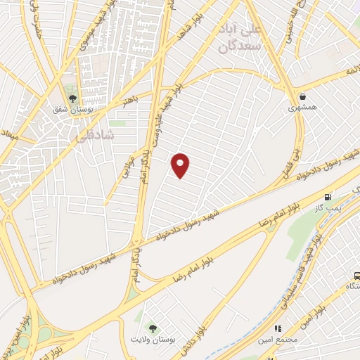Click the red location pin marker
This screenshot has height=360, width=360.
click(x=181, y=165)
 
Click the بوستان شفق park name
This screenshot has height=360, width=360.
click(x=72, y=110)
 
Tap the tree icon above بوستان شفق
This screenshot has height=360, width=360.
click(x=72, y=97)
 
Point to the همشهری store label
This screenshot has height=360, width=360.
click(x=303, y=109)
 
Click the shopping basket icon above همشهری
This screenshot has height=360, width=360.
click(x=302, y=97)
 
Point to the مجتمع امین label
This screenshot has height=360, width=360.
click(x=278, y=341)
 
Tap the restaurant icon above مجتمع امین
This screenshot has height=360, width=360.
click(x=278, y=328)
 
